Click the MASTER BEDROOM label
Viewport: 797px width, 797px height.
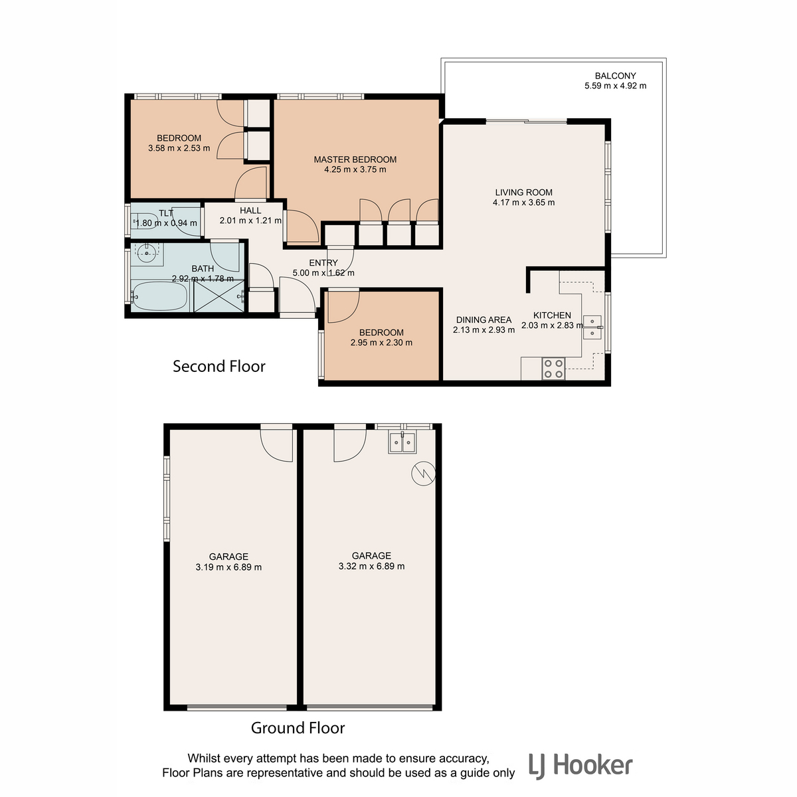[x=355, y=159]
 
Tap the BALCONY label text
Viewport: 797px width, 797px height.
[x=615, y=76]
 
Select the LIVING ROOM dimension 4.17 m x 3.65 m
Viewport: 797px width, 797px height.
[x=523, y=203]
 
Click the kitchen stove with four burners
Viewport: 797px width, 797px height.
[x=553, y=369]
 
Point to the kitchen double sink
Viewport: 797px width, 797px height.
[x=592, y=327]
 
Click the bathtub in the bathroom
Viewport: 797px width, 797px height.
[x=159, y=296]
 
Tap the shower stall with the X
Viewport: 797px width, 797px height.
[x=219, y=296]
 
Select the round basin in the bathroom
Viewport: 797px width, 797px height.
[x=146, y=253]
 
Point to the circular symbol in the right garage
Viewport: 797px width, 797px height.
[x=423, y=473]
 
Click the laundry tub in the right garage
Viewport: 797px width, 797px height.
[x=402, y=442]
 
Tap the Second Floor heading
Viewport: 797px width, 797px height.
[x=219, y=367]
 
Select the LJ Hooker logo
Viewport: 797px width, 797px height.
[x=580, y=766]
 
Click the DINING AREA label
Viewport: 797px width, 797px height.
[x=484, y=319]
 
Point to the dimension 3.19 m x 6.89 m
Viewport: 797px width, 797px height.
[x=228, y=567]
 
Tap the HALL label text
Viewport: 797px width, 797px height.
[x=250, y=211]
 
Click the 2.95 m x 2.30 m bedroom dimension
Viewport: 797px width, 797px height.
[x=381, y=343]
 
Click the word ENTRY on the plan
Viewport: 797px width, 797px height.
[x=323, y=262]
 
